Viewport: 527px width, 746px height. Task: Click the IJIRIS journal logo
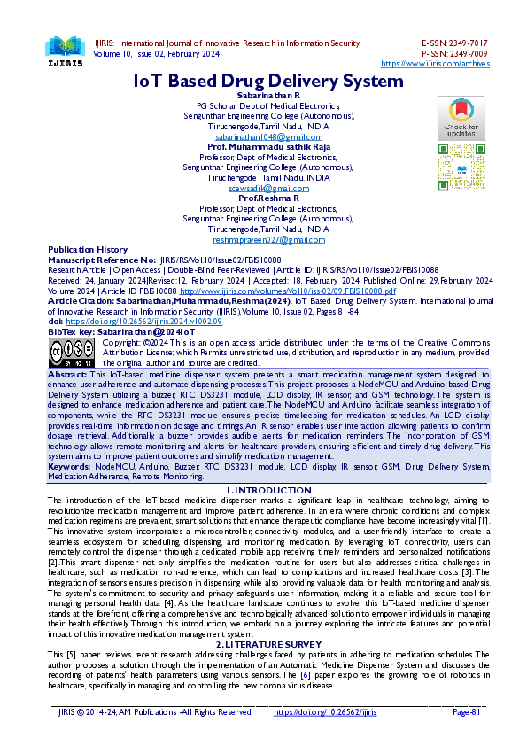(x=62, y=50)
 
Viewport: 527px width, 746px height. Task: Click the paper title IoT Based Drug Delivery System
(x=267, y=81)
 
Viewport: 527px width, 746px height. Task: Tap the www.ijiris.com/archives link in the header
(x=434, y=64)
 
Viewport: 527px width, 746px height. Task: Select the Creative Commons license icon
(x=72, y=353)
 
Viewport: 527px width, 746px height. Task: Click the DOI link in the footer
(x=325, y=711)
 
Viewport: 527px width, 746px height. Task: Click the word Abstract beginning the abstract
(x=67, y=375)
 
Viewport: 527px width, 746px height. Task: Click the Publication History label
(x=88, y=250)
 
